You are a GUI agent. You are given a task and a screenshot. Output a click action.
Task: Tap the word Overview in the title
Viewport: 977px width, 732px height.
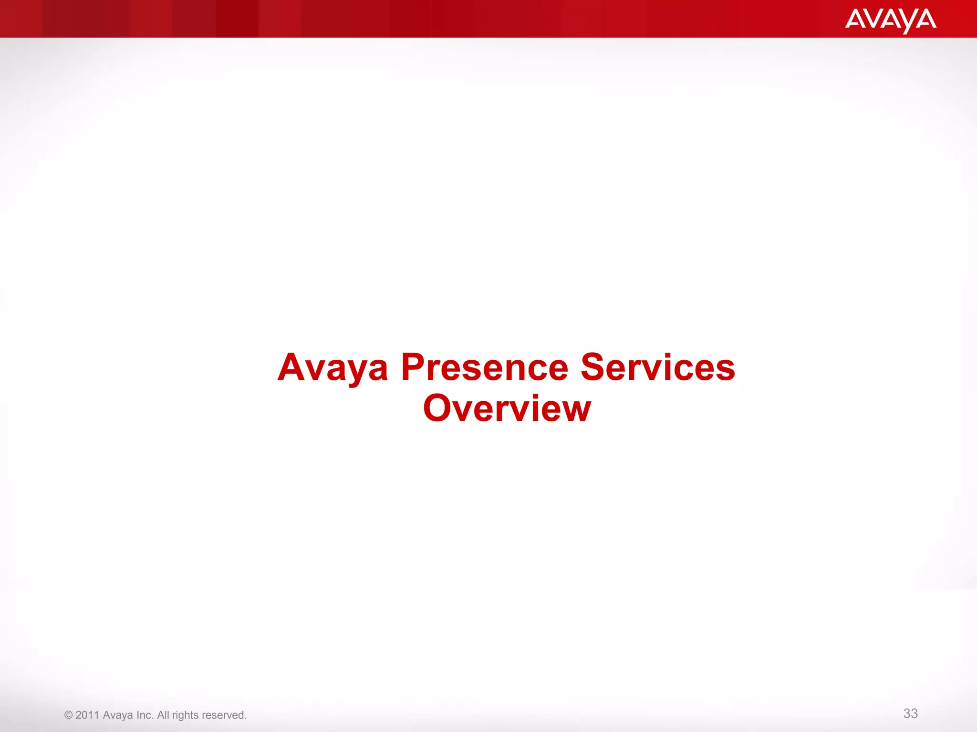click(507, 408)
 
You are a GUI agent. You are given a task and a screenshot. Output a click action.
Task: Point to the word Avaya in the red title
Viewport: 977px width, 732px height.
click(333, 368)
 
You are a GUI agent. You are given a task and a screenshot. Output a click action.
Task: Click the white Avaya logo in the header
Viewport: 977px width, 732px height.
click(891, 20)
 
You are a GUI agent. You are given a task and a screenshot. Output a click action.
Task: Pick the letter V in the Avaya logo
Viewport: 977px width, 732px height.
click(873, 19)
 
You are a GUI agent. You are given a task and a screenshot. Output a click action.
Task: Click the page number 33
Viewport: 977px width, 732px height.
click(910, 713)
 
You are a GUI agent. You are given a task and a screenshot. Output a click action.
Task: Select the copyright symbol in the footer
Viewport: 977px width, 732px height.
click(68, 715)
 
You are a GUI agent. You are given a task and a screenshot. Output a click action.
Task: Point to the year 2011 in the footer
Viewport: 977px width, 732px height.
click(87, 715)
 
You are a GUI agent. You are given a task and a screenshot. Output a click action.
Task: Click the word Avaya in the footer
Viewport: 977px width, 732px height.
click(118, 715)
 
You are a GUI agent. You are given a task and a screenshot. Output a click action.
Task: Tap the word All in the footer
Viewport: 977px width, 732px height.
click(163, 715)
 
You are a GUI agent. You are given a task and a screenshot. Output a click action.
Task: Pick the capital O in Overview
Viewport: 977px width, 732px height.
click(437, 408)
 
